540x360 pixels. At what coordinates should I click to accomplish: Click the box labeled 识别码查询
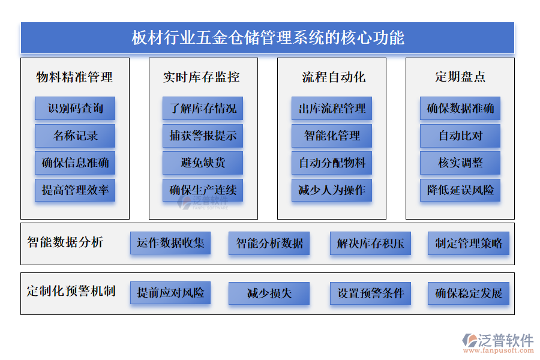coord(75,109)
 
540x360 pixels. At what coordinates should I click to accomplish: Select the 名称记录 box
coord(75,136)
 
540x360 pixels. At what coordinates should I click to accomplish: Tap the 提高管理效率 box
coord(75,190)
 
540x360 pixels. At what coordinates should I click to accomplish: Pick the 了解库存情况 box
coord(203,109)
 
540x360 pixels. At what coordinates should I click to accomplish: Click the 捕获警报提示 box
coord(203,136)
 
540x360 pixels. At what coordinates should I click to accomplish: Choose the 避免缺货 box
coord(203,163)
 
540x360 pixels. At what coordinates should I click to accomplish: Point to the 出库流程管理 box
coord(332,109)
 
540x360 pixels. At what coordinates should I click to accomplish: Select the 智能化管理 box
coord(332,136)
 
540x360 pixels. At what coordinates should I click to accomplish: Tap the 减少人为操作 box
coord(332,190)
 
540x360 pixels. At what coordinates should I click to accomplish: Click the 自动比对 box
coord(460,136)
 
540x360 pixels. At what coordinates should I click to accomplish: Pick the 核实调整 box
coord(460,163)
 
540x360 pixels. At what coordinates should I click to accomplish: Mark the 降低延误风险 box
coord(460,190)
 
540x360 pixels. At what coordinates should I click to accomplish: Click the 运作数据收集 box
coord(170,243)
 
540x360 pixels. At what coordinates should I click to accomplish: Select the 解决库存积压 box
coord(370,243)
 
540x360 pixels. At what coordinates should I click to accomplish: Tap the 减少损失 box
coord(269,293)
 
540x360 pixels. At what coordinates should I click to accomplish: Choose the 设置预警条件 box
coord(370,293)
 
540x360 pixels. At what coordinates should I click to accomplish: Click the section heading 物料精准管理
coord(75,77)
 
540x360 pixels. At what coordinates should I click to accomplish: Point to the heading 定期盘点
coord(460,77)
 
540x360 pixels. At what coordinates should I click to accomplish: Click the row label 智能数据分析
coord(65,242)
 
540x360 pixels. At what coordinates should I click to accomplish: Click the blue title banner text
coord(268,38)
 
